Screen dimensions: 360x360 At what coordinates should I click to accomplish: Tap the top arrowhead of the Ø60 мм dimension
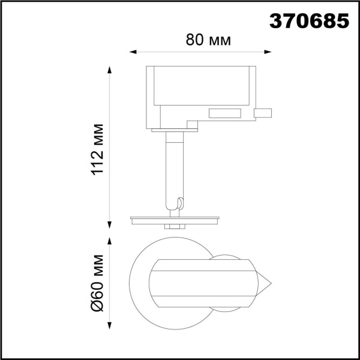(x=110, y=242)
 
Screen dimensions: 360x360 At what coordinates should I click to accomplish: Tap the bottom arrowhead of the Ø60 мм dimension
(x=110, y=326)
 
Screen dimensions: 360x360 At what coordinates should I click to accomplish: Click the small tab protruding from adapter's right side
(x=263, y=112)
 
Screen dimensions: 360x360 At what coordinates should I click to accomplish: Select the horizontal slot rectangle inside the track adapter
(x=224, y=113)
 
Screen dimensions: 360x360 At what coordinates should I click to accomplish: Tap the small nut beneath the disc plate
(x=175, y=226)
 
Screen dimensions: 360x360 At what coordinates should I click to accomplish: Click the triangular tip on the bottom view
(x=265, y=282)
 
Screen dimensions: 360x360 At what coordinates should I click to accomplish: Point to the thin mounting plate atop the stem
(x=175, y=130)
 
